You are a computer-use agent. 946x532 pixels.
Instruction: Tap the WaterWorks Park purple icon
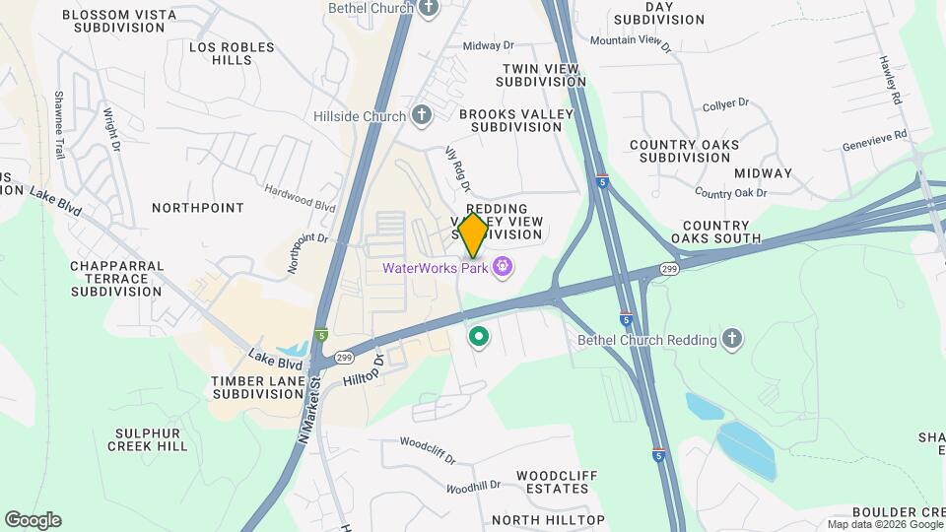coord(503,266)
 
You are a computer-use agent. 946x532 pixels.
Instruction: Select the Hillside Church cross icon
coord(422,116)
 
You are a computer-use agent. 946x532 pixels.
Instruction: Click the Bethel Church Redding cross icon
coord(731,340)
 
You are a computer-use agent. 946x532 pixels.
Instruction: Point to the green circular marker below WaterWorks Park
coord(479,338)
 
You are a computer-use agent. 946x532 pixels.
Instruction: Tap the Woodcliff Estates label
coord(557,482)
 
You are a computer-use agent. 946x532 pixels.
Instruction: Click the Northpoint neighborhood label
coord(198,208)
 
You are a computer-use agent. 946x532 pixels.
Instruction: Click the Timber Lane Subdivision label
coord(257,387)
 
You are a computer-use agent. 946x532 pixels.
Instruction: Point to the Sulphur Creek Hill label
coord(151,439)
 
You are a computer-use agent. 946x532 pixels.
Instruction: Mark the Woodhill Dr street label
coord(473,487)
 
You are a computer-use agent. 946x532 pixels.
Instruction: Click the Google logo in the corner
coord(33,520)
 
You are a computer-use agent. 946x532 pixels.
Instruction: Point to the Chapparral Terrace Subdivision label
coord(116,278)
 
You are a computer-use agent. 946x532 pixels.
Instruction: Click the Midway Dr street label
coord(489,45)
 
